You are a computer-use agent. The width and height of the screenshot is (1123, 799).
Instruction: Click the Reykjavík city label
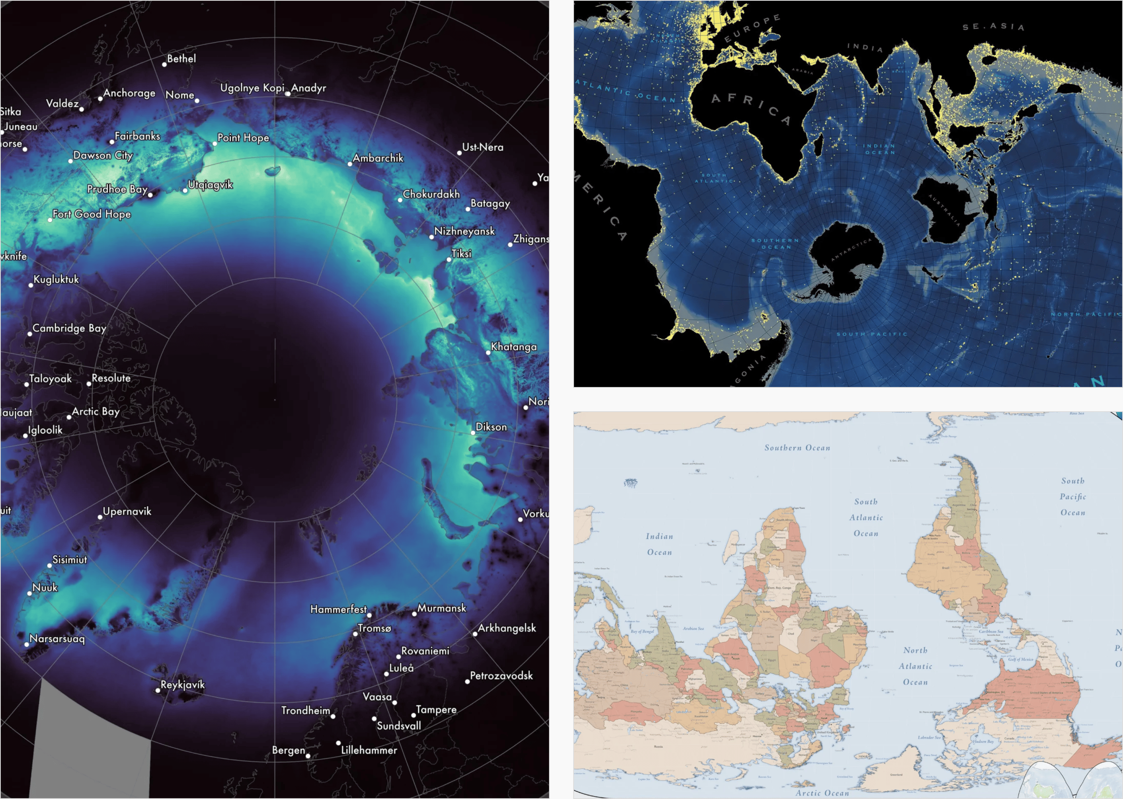coord(182,684)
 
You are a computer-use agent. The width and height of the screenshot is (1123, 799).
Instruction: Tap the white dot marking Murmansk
coord(414,614)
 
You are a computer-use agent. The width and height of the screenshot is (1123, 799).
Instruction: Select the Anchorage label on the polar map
coord(129,93)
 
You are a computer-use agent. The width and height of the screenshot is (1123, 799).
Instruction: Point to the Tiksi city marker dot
coord(448,259)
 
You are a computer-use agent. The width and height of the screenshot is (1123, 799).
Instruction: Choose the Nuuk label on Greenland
coord(45,588)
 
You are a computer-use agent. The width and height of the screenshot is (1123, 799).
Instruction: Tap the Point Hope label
coord(243,138)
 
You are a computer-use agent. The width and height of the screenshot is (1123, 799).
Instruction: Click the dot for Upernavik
coord(100,517)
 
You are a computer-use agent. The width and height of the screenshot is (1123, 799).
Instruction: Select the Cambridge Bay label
coord(69,328)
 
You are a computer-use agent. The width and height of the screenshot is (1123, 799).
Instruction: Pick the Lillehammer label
coord(369,750)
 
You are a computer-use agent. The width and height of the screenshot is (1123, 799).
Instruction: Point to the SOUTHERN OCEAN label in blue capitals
coord(776,243)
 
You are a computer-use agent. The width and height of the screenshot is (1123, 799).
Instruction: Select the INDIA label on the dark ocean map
coord(865,47)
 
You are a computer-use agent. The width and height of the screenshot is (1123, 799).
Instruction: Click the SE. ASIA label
coord(993,27)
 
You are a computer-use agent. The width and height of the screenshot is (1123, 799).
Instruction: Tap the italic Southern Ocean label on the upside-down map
coord(797,448)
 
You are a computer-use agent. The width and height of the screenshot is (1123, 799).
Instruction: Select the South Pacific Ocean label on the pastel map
coord(1072,496)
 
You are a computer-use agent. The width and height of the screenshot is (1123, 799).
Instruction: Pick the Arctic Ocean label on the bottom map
coord(822,793)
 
